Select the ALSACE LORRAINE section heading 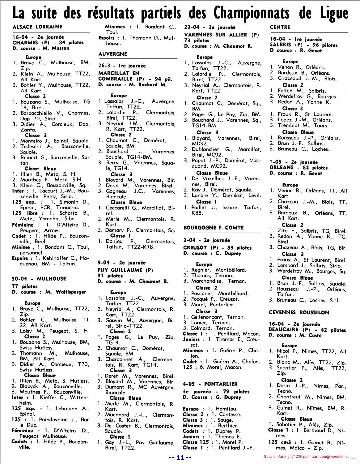point(37,27)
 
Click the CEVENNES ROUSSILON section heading point(299,312)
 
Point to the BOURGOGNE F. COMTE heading point(214,228)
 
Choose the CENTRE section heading point(280,27)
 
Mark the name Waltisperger point(71,292)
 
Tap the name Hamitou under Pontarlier point(227,409)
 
